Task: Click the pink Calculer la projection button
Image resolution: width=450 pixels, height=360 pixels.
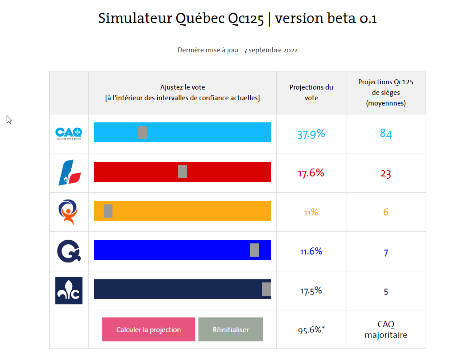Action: click(148, 329)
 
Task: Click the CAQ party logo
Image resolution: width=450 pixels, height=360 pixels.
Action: click(69, 133)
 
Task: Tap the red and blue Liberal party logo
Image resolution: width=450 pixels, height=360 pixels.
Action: click(70, 172)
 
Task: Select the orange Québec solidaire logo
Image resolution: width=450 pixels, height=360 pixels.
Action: click(69, 211)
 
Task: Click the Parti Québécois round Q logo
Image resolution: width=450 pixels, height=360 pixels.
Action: click(69, 251)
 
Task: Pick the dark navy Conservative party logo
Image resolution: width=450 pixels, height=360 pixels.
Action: click(69, 290)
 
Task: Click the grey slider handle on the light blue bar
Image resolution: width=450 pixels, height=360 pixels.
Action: click(142, 133)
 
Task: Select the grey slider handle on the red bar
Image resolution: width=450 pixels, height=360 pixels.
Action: click(182, 172)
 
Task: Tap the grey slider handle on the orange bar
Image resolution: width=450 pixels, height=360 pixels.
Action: click(108, 211)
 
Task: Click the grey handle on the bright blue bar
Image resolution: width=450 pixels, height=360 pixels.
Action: click(255, 250)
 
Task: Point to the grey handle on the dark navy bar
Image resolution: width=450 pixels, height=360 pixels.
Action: click(266, 289)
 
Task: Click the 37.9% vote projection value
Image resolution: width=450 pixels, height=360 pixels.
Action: click(311, 134)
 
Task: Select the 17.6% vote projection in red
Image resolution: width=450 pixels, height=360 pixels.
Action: click(311, 173)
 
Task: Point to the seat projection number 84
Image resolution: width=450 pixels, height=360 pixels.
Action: click(386, 134)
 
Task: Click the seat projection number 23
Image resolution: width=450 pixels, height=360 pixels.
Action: click(386, 174)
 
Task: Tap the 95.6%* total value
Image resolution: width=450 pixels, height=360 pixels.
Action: click(311, 330)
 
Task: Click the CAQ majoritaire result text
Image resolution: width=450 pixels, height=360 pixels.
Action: click(386, 329)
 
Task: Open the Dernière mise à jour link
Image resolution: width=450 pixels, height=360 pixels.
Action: click(237, 50)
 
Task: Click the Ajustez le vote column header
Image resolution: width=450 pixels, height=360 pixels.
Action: click(182, 93)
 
